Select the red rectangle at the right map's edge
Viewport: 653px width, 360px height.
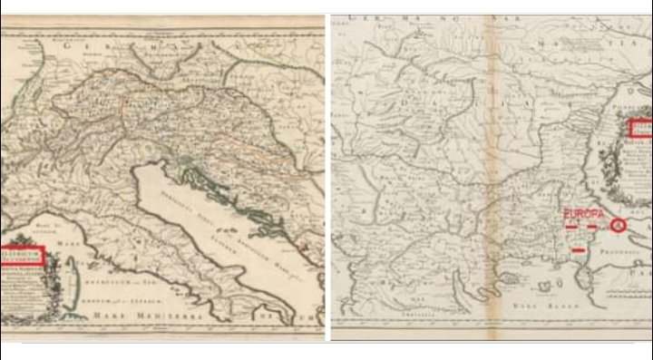pos(641,129)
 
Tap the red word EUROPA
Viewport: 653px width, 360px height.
pos(581,211)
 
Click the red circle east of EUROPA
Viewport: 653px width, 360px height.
pos(619,226)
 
